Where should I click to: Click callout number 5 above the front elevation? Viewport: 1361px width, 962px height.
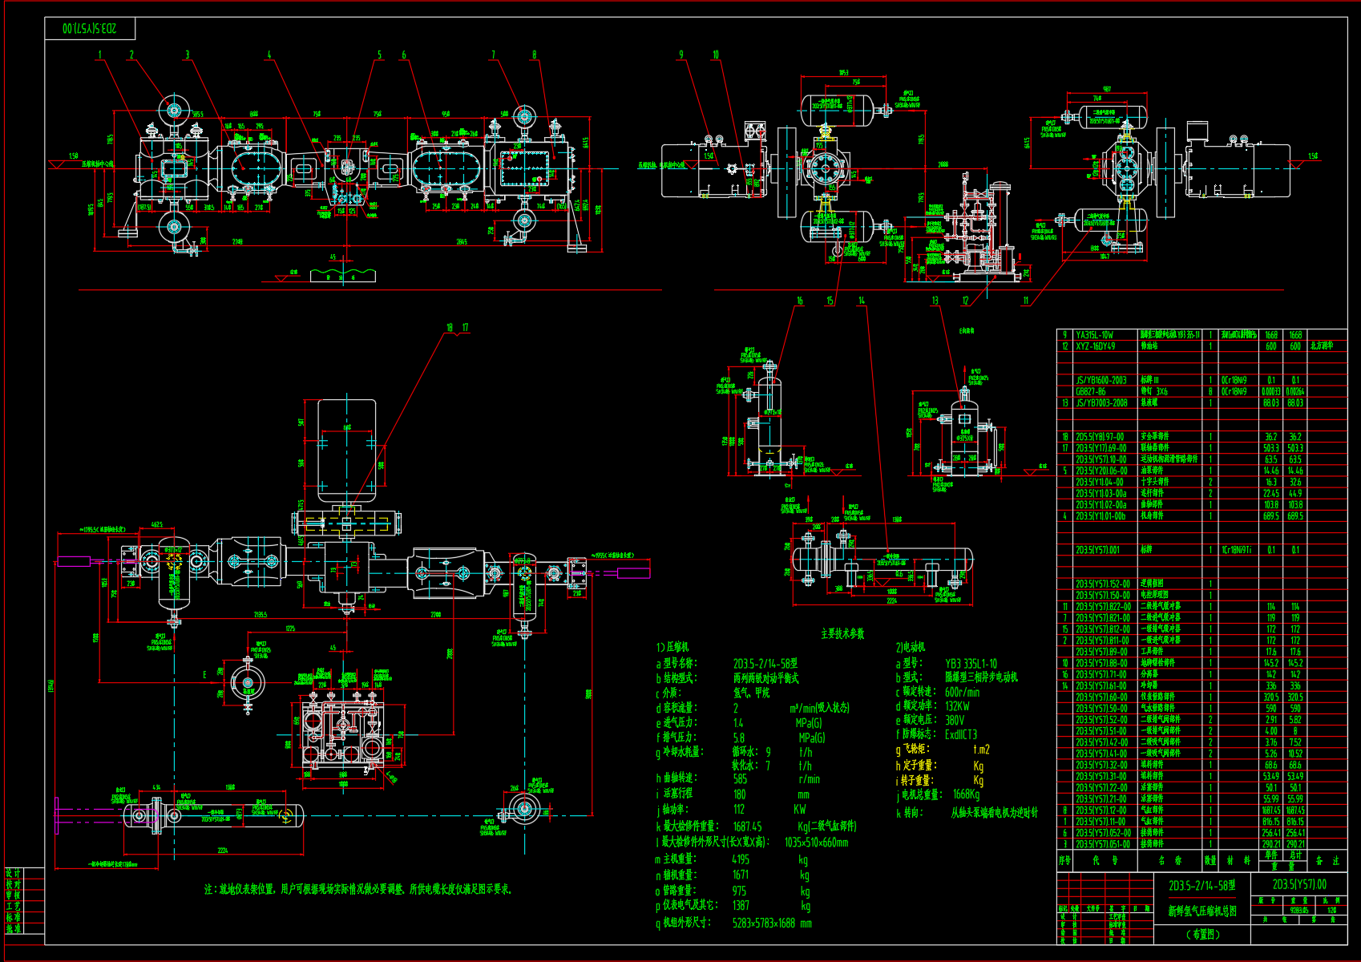(380, 55)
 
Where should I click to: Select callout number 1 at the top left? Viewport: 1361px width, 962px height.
(100, 55)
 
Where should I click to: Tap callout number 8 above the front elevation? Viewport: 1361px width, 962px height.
(534, 55)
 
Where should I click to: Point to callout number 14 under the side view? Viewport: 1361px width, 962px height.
(862, 301)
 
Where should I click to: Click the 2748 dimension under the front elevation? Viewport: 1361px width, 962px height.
(238, 241)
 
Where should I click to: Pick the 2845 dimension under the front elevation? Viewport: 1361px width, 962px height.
(462, 241)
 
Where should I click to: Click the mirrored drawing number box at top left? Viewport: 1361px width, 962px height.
(90, 29)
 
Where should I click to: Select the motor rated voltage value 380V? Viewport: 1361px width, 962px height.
(955, 720)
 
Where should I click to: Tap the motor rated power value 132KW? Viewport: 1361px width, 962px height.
(957, 706)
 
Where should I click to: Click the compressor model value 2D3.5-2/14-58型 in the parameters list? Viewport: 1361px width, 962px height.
(765, 664)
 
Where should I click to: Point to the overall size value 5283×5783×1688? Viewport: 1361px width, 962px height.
(771, 923)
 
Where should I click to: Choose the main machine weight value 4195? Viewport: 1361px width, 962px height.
(741, 859)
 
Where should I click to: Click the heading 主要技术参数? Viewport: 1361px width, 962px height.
(842, 633)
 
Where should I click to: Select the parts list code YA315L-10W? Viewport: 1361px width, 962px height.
(1094, 335)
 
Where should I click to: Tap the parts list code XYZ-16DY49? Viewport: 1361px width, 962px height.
(1095, 346)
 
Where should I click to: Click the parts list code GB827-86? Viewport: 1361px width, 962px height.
(1090, 392)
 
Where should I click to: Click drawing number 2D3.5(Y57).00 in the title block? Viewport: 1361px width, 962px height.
(1299, 884)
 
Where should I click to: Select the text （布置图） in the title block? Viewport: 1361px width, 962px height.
(1203, 934)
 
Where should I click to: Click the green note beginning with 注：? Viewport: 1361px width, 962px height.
(357, 889)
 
